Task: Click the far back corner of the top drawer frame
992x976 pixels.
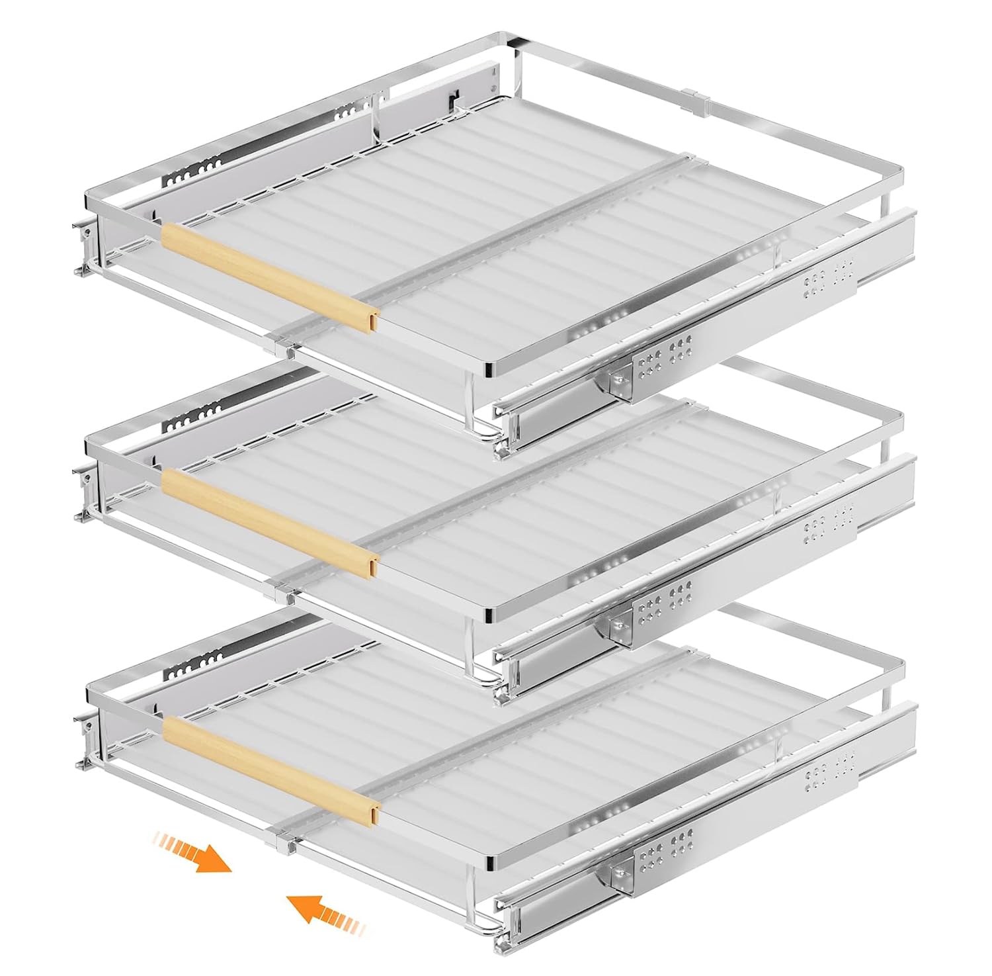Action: point(509,41)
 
